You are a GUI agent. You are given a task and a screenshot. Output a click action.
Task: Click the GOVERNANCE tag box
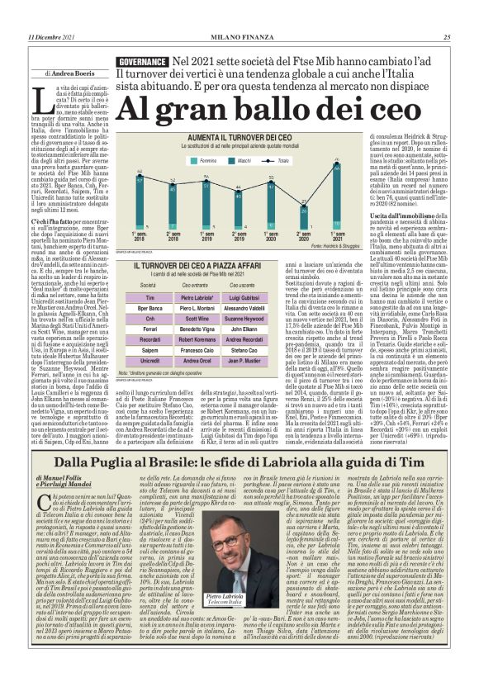pos(142,62)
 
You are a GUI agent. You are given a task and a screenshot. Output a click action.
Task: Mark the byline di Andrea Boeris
pos(73,73)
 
